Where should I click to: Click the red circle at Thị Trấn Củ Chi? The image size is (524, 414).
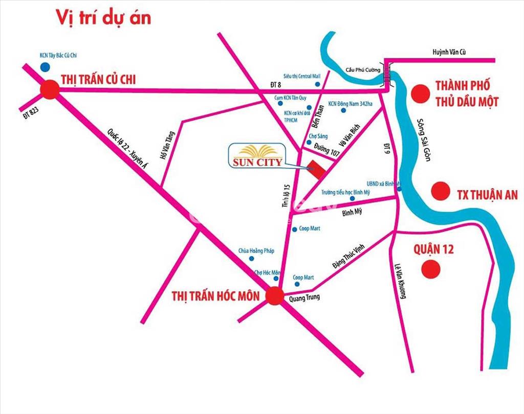50,90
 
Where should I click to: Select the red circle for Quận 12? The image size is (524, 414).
431,268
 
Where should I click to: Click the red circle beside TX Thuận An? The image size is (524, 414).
440,191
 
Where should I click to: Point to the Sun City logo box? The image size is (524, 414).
254,155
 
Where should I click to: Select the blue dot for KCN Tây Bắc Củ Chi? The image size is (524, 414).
46,66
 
